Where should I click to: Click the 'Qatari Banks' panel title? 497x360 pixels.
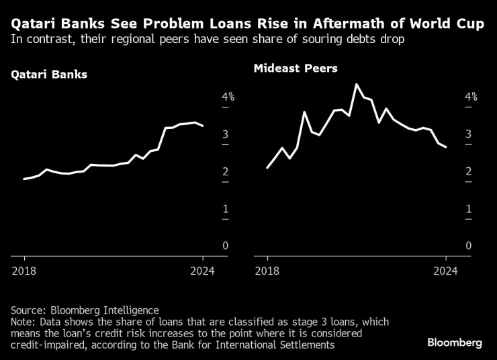pyautogui.click(x=49, y=75)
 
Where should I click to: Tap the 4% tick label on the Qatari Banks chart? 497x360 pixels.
pyautogui.click(x=228, y=97)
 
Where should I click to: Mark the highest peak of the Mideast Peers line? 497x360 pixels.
pyautogui.click(x=356, y=85)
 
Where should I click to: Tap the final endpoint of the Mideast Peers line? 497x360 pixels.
pyautogui.click(x=446, y=147)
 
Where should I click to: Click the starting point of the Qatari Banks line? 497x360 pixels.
pyautogui.click(x=24, y=179)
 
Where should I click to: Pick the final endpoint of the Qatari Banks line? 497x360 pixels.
pyautogui.click(x=203, y=126)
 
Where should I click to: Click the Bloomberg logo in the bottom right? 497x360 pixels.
pyautogui.click(x=455, y=343)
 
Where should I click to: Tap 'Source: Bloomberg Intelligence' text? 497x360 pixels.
pyautogui.click(x=85, y=310)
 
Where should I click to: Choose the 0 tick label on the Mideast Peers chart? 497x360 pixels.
pyautogui.click(x=469, y=246)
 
